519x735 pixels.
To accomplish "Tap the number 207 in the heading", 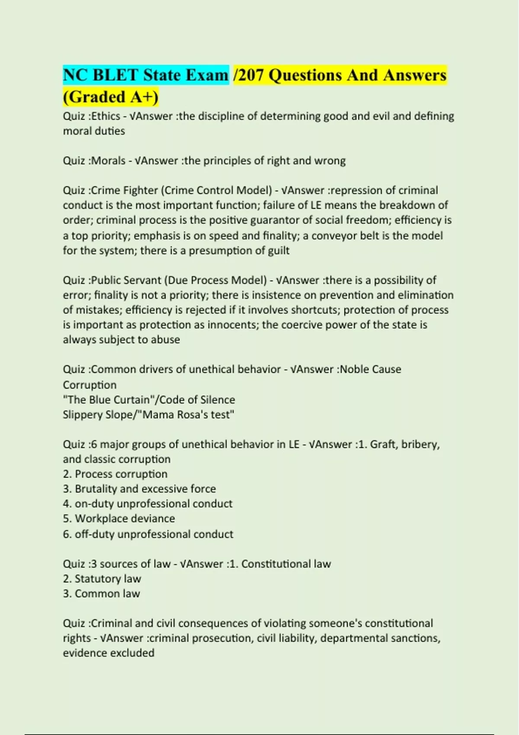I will click(x=251, y=75).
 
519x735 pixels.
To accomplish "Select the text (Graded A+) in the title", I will click(x=111, y=97).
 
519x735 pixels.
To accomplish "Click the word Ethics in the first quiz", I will click(x=106, y=116).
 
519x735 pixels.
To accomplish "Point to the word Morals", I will click(x=108, y=161).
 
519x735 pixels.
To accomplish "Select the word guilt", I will click(x=279, y=251).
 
